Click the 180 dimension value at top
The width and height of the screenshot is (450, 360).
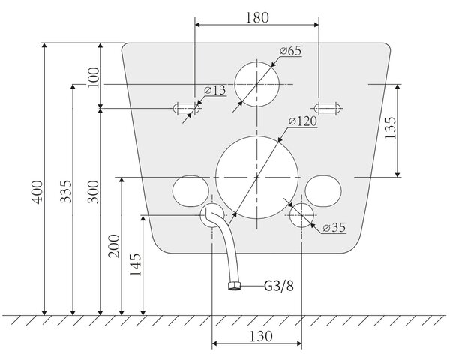(257, 17)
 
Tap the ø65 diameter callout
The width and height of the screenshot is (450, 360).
(291, 51)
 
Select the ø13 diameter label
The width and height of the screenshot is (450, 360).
(215, 90)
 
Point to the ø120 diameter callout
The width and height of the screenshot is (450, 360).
(303, 121)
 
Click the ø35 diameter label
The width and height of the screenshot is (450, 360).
(334, 228)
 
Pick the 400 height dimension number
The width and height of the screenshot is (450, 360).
(37, 192)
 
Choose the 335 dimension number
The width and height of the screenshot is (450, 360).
(66, 191)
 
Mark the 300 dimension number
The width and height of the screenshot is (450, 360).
(93, 192)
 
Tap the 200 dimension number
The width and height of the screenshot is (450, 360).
(114, 246)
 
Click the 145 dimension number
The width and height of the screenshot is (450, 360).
(136, 265)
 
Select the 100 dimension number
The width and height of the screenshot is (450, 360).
(93, 77)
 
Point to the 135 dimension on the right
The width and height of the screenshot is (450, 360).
(390, 127)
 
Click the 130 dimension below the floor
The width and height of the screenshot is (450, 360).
(261, 336)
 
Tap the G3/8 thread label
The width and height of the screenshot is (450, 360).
(279, 286)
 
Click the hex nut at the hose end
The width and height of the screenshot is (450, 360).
(235, 286)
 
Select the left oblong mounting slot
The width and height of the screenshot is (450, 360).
(186, 109)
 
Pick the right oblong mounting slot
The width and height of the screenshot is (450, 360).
(328, 109)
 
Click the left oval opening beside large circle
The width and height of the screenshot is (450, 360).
(190, 191)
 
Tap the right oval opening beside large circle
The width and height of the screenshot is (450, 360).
(323, 191)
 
